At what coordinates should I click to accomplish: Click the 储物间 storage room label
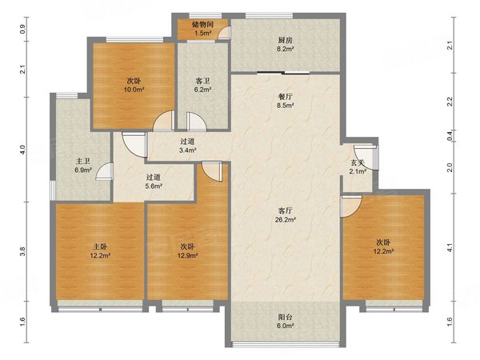tap(202, 24)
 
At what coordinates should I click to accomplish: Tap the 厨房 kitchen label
tap(286, 40)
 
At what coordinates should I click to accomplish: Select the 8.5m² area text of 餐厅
tap(286, 106)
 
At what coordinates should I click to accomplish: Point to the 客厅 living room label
tap(286, 210)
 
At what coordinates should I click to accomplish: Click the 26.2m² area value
tap(286, 219)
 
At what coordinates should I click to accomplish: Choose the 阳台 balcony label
tap(286, 317)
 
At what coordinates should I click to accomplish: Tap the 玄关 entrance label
tap(358, 163)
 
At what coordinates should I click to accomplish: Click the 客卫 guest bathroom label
tap(202, 81)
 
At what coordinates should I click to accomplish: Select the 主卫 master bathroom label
tap(83, 161)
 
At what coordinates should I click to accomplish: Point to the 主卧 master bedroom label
tap(100, 246)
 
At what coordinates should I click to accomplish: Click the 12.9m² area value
tap(188, 255)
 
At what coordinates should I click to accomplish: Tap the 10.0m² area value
tap(134, 90)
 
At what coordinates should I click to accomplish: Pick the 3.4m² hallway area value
tap(187, 150)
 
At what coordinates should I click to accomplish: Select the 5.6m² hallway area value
tap(154, 186)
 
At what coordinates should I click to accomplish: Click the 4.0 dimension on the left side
tap(22, 150)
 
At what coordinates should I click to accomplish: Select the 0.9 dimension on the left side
tap(22, 29)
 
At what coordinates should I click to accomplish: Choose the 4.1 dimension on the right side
tap(450, 247)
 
